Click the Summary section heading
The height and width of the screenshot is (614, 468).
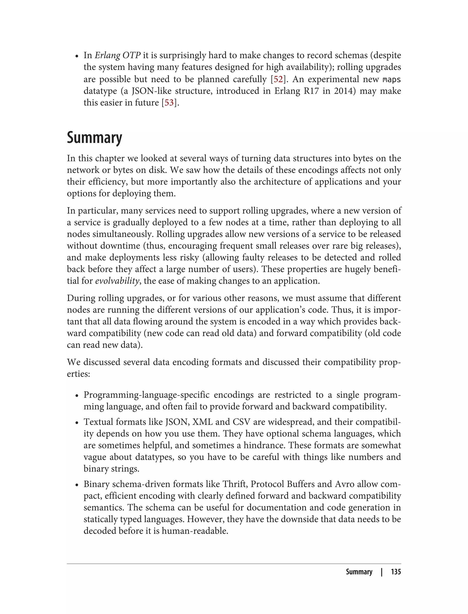[94, 138]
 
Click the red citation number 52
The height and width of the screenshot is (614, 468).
[278, 79]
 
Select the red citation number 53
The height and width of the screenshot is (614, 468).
[169, 103]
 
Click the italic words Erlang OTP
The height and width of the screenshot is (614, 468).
[117, 56]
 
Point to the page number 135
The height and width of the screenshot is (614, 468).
[396, 572]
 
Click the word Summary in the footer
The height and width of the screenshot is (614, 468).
[359, 572]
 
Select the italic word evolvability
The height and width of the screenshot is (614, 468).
[117, 281]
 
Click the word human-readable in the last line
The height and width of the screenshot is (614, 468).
[195, 531]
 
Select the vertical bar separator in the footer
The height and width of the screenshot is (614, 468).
[382, 572]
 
